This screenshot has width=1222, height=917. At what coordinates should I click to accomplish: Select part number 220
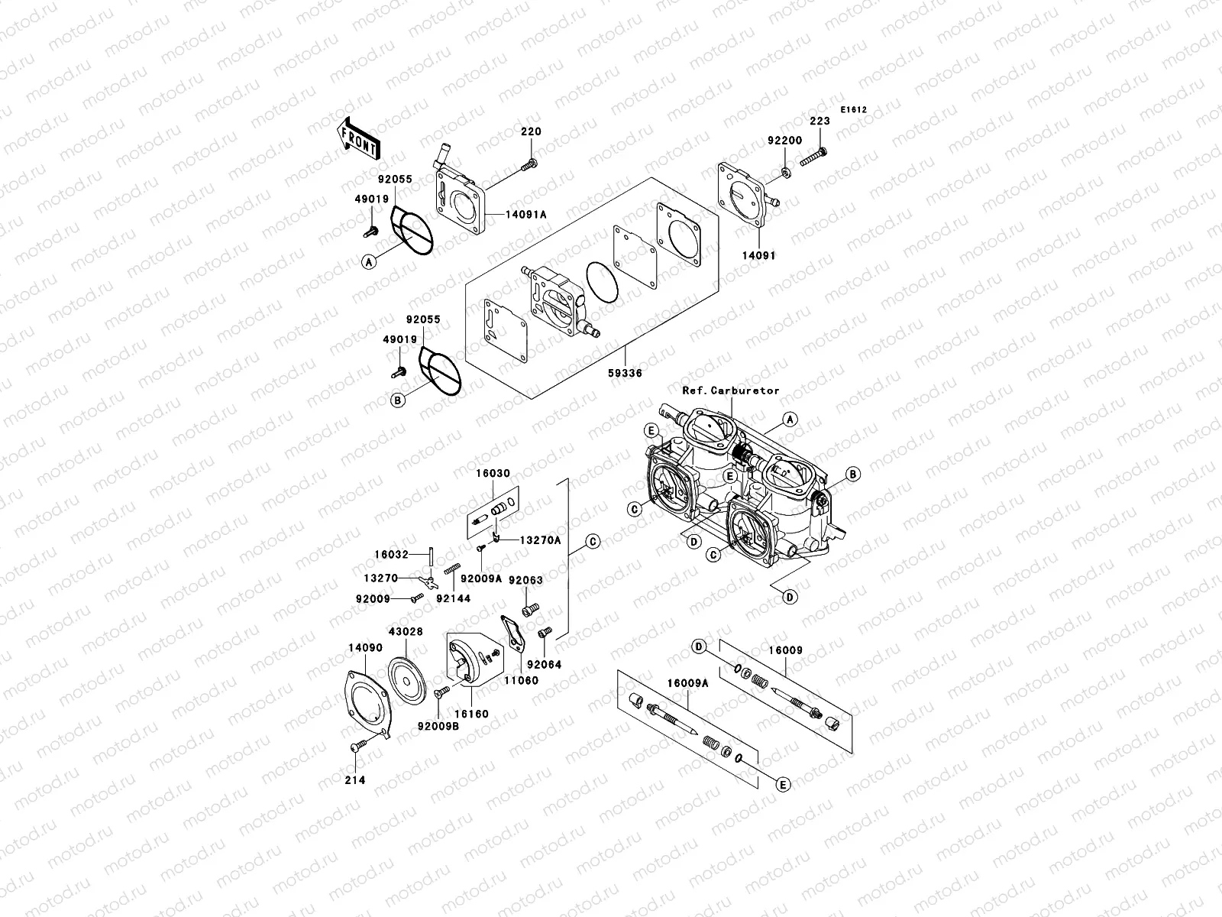click(531, 131)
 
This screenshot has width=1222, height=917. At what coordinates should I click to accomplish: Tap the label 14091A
click(525, 215)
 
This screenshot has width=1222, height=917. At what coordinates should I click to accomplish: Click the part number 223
click(820, 122)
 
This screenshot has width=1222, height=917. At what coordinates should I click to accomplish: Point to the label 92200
click(785, 141)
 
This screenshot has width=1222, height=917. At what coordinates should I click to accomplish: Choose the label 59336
click(626, 374)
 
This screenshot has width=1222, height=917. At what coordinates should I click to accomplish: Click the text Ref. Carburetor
click(731, 390)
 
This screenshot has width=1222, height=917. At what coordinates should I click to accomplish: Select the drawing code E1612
click(854, 109)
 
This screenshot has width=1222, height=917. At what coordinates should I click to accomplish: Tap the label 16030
click(493, 474)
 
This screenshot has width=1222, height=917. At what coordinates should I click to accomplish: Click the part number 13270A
click(540, 540)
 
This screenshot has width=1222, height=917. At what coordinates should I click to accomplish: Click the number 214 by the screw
click(355, 779)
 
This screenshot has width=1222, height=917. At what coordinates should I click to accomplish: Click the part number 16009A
click(687, 683)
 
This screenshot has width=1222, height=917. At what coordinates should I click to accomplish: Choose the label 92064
click(545, 665)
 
